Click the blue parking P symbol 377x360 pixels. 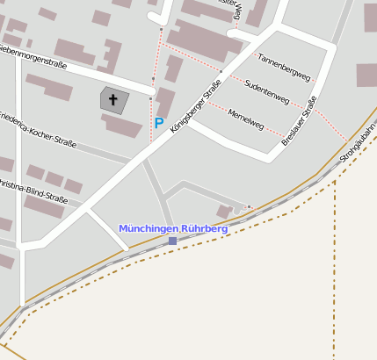coord(159,124)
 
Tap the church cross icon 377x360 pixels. coord(113,100)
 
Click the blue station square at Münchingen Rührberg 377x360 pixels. coord(172,241)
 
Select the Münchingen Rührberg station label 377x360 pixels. coord(173,228)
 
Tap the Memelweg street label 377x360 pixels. coord(245,119)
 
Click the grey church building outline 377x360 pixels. coord(114,100)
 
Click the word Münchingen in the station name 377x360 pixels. coord(147,228)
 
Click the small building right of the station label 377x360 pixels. coord(224,212)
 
